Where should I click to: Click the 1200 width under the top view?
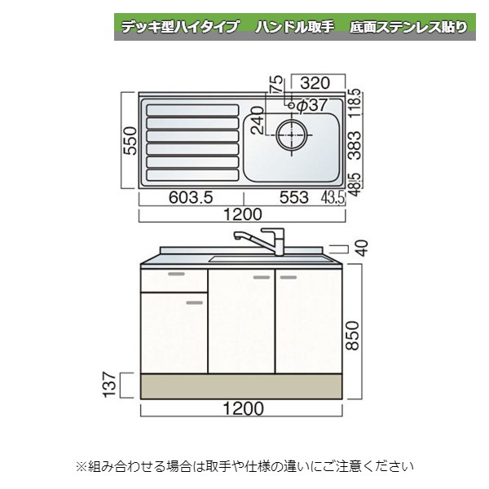click(x=241, y=215)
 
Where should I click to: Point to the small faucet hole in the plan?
click(x=289, y=105)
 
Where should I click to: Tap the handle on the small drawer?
click(x=175, y=274)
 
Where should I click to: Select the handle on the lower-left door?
click(x=193, y=302)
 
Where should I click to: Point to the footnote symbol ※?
click(x=81, y=467)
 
